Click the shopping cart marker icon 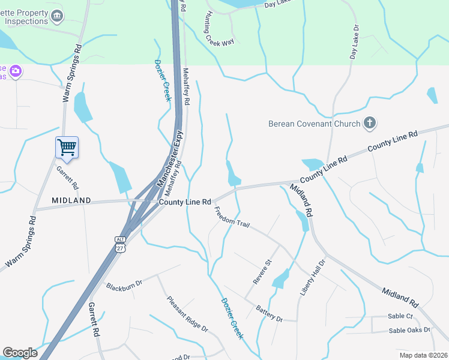[x=67, y=147]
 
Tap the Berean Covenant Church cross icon [x=370, y=124]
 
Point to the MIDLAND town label [x=71, y=200]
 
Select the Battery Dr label [x=269, y=313]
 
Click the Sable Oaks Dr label [x=409, y=330]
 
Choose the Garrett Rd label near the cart [x=68, y=178]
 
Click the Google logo [x=20, y=353]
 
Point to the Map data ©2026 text [x=423, y=355]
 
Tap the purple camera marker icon [x=15, y=71]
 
